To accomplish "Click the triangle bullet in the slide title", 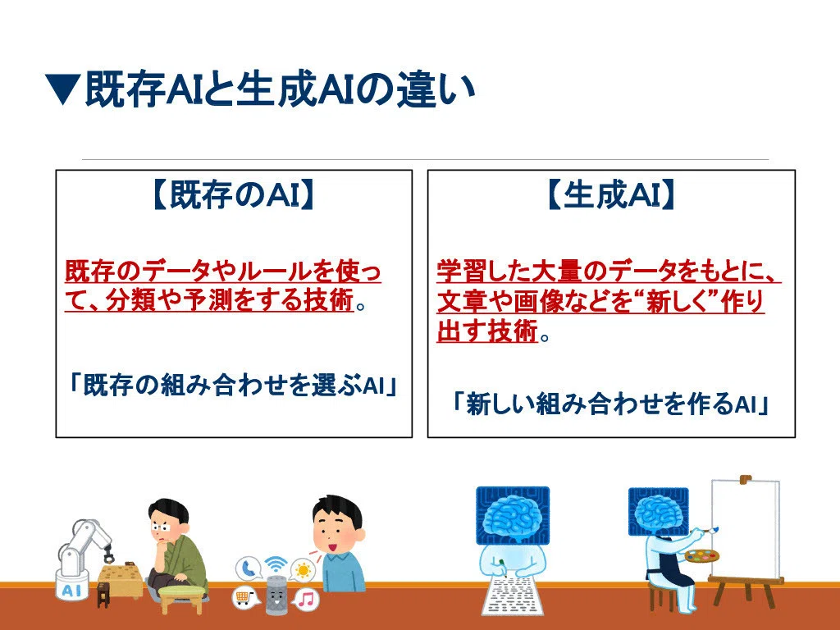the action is click(x=62, y=89).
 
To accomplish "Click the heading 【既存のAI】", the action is click(x=234, y=194).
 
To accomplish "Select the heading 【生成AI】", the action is click(x=610, y=194).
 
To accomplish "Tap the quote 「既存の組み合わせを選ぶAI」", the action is click(x=234, y=384).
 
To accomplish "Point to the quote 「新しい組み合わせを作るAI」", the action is click(x=610, y=403).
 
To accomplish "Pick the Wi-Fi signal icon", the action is click(x=276, y=564).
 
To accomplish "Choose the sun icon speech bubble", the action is click(x=304, y=570).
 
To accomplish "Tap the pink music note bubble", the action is click(x=307, y=599).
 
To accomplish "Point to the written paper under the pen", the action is click(x=511, y=596).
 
